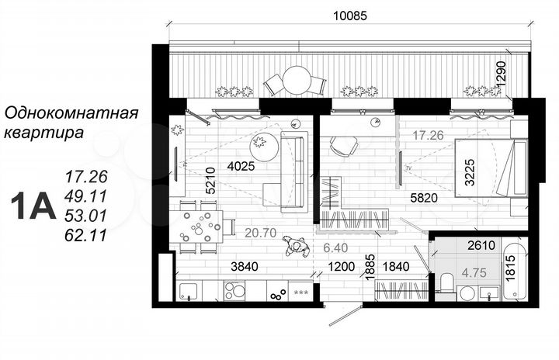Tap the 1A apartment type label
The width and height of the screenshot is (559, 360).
click(x=31, y=206)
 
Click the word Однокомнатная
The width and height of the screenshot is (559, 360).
click(x=71, y=114)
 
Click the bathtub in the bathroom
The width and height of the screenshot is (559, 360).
click(x=516, y=272)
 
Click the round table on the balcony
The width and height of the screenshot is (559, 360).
click(x=296, y=78)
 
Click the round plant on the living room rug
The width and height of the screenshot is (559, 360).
click(x=259, y=143)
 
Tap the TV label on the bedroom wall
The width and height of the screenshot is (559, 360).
click(x=407, y=166)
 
